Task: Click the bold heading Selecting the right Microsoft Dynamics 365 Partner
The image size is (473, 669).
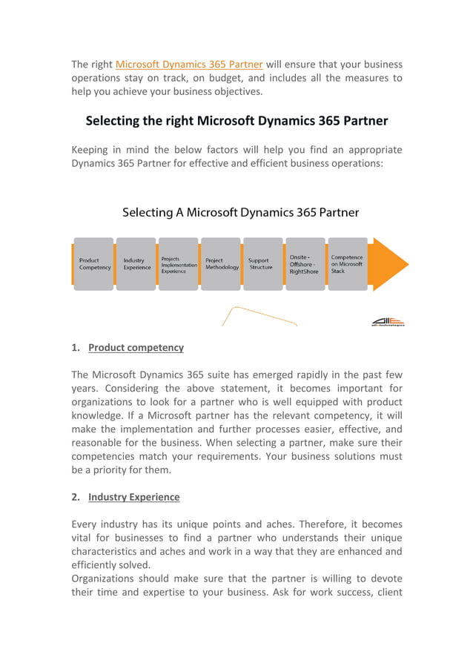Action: (x=236, y=120)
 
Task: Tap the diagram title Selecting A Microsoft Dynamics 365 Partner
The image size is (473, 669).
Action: (x=240, y=213)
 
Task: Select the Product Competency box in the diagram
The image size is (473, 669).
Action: (x=94, y=264)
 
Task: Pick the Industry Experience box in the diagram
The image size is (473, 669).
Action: (x=136, y=264)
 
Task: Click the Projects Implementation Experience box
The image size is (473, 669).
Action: (x=179, y=264)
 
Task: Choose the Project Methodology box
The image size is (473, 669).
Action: (x=221, y=264)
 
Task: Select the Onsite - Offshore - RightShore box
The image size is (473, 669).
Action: (x=305, y=264)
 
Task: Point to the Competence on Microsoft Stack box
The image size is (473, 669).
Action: (x=347, y=264)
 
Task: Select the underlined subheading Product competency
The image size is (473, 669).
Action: (x=136, y=348)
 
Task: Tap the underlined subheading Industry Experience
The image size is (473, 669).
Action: (x=133, y=497)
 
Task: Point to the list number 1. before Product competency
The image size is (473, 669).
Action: (x=76, y=348)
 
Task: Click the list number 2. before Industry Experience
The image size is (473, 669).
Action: (x=76, y=497)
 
